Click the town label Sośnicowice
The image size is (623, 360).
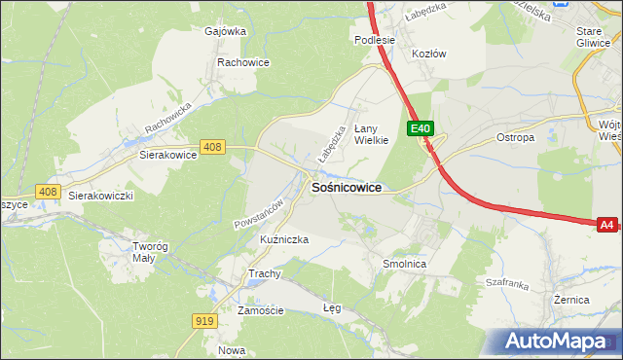(x=345, y=187)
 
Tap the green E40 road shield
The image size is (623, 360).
(x=421, y=128)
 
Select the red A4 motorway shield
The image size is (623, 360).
(x=606, y=225)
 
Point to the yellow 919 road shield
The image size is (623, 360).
(x=204, y=320)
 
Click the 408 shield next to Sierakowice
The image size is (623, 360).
(x=213, y=147)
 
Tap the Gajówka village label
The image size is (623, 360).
(x=225, y=31)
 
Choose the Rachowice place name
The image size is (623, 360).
(x=243, y=62)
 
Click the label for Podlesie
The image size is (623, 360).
(x=374, y=40)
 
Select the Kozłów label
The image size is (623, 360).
(x=429, y=54)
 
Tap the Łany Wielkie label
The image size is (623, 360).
(x=371, y=133)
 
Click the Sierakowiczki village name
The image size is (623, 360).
(x=100, y=196)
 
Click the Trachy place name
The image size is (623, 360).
(x=264, y=274)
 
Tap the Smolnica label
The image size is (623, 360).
(x=404, y=264)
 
